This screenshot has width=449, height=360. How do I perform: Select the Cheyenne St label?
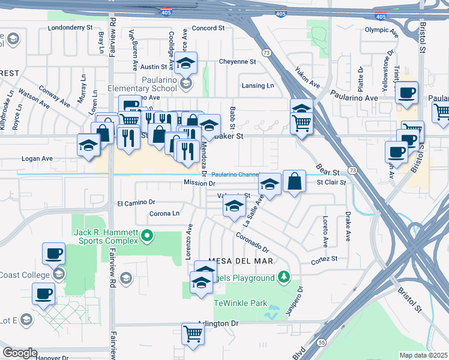pyautogui.click(x=237, y=61)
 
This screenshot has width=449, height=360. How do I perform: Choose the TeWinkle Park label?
pyautogui.click(x=241, y=303)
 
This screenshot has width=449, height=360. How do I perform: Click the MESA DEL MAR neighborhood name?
pyautogui.click(x=240, y=262)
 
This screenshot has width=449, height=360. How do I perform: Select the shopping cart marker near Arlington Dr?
pyautogui.click(x=193, y=333)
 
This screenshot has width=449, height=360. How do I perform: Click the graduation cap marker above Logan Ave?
pyautogui.click(x=88, y=145)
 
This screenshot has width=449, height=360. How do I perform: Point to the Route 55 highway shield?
pyautogui.click(x=323, y=341)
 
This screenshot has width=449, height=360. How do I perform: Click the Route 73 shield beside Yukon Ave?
pyautogui.click(x=266, y=53)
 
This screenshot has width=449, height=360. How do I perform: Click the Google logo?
pyautogui.click(x=20, y=353)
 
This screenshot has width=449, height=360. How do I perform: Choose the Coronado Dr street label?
pyautogui.click(x=252, y=242)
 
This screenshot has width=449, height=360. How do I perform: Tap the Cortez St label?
pyautogui.click(x=324, y=259)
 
